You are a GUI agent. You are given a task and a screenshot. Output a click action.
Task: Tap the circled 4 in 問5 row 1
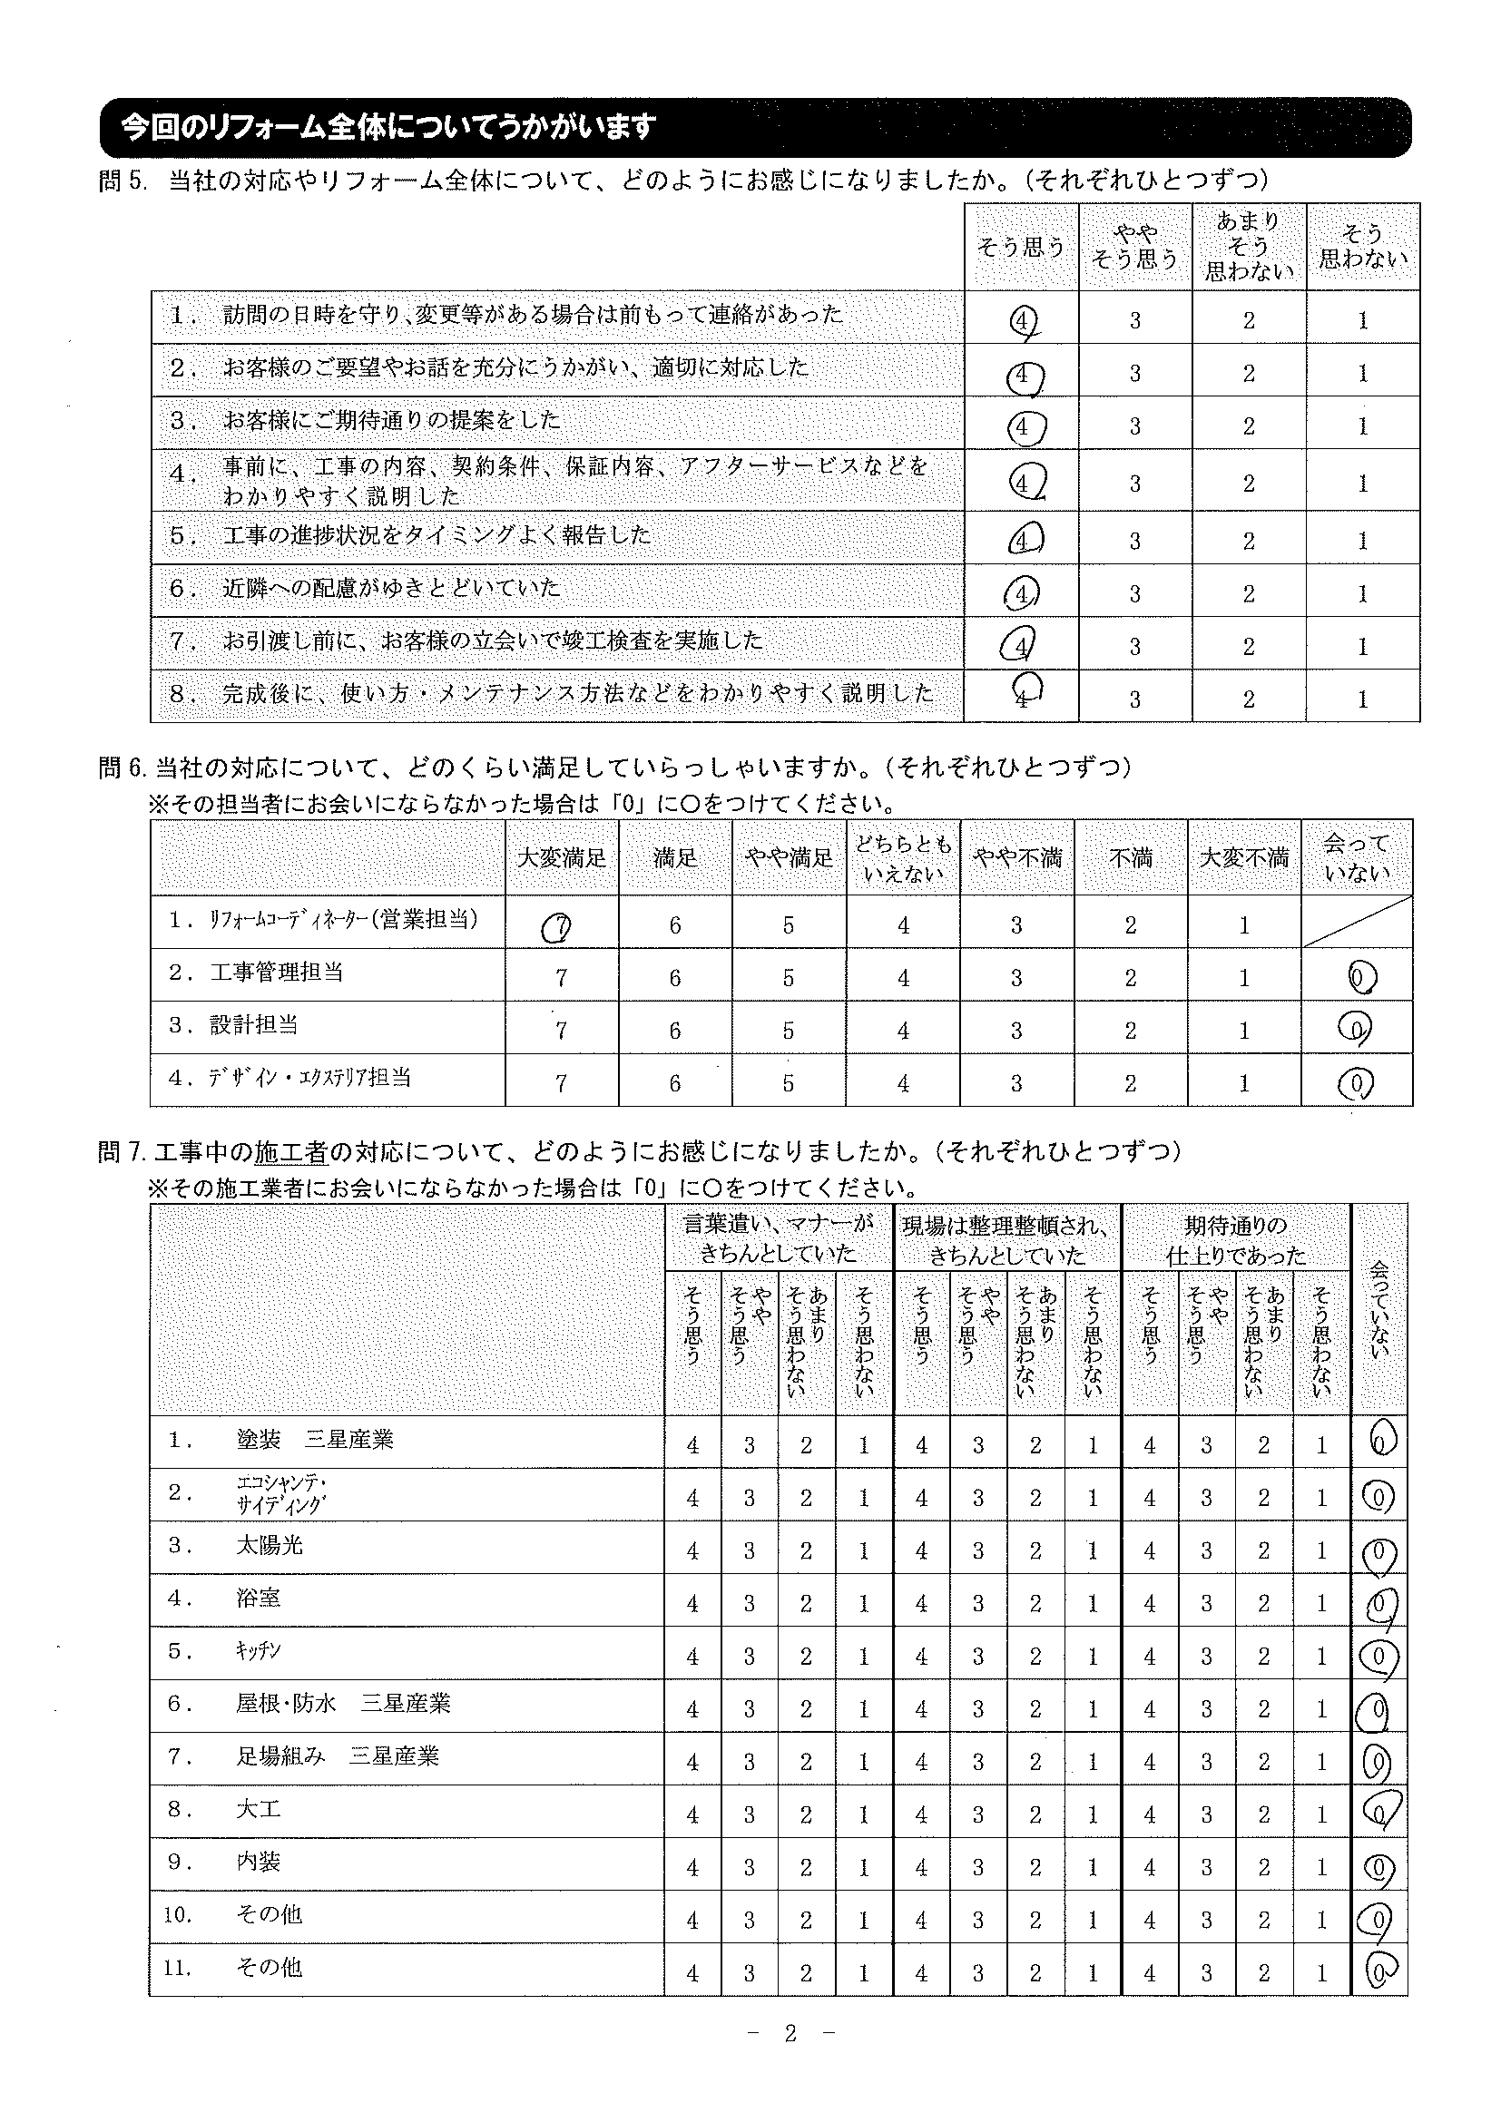pyautogui.click(x=1021, y=320)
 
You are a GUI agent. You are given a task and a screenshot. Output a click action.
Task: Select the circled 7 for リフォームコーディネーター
pyautogui.click(x=558, y=926)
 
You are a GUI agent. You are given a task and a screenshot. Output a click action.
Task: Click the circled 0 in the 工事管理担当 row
pyautogui.click(x=1362, y=977)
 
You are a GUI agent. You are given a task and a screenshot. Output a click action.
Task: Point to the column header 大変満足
pyautogui.click(x=562, y=857)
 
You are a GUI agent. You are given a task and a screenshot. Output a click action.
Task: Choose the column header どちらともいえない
pyautogui.click(x=903, y=858)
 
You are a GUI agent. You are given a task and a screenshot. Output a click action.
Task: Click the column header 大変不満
pyautogui.click(x=1244, y=857)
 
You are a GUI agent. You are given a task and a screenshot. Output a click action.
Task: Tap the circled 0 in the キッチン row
pyautogui.click(x=1378, y=1656)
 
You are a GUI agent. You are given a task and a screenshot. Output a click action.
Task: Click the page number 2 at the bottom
pyautogui.click(x=790, y=2034)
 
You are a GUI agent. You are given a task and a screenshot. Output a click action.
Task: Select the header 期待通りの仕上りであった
pyautogui.click(x=1236, y=1240)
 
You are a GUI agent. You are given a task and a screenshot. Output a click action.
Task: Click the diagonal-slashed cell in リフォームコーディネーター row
pyautogui.click(x=1357, y=922)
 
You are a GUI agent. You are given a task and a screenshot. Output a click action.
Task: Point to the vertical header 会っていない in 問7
pyautogui.click(x=1378, y=1308)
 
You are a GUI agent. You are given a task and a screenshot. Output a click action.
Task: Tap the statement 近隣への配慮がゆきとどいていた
pyautogui.click(x=392, y=589)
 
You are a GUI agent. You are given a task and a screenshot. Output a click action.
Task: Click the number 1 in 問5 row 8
pyautogui.click(x=1362, y=699)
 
